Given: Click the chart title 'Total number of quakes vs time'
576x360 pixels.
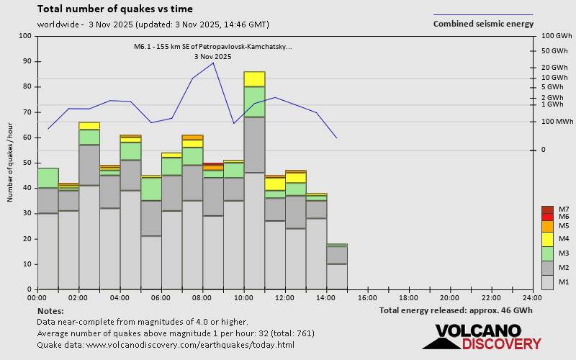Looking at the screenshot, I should click(x=114, y=9).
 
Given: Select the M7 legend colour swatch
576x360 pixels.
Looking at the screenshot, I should click(x=547, y=210).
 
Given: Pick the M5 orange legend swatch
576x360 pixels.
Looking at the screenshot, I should click(x=547, y=226).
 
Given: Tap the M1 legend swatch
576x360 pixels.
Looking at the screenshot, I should click(x=547, y=282).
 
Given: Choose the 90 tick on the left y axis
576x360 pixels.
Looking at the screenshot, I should click(x=28, y=61).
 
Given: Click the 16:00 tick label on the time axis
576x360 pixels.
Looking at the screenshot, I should click(x=367, y=297).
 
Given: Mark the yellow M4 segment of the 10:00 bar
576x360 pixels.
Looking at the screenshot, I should click(x=254, y=78).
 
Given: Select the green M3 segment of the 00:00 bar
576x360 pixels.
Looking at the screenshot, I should click(x=48, y=178).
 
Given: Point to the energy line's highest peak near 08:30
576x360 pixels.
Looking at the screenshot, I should click(x=213, y=63).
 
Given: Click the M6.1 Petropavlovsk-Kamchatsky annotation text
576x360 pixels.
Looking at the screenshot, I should click(x=213, y=47).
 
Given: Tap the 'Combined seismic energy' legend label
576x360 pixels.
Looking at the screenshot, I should click(x=483, y=24).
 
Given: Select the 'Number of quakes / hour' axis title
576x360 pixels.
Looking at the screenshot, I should click(x=11, y=162).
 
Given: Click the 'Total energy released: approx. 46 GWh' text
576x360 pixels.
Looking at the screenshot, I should click(x=456, y=310).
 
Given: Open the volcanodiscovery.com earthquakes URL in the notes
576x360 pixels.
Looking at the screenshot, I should click(x=166, y=345).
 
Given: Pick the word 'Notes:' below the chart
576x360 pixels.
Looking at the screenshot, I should click(x=50, y=310).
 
